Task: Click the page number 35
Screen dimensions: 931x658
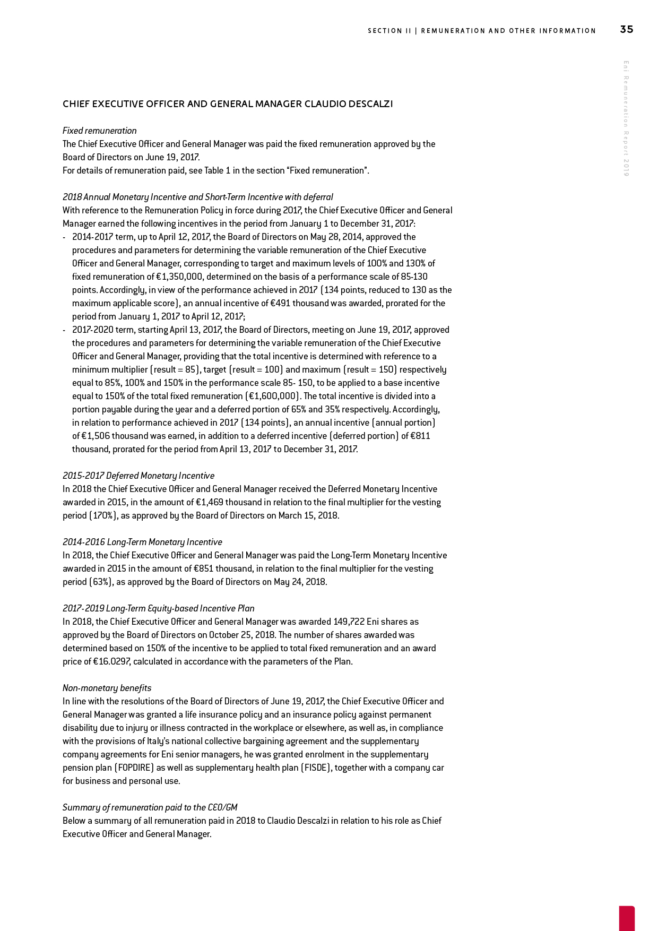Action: pos(626,30)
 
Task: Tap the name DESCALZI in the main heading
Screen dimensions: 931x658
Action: pos(370,104)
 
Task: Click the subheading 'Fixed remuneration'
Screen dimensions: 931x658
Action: pos(100,131)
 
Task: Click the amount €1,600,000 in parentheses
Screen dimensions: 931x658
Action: pos(273,396)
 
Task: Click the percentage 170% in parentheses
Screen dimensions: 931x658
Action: pos(79,515)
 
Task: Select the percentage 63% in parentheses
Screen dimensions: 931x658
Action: pos(77,582)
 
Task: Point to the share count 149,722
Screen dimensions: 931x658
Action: pos(349,622)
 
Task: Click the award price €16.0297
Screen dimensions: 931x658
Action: pos(112,661)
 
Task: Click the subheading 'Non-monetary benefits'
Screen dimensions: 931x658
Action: pos(107,688)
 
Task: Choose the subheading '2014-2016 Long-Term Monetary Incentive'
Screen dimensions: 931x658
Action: pos(142,542)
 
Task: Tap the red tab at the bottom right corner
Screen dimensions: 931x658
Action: pos(627,918)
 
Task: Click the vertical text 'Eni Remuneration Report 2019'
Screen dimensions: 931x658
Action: pos(626,118)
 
